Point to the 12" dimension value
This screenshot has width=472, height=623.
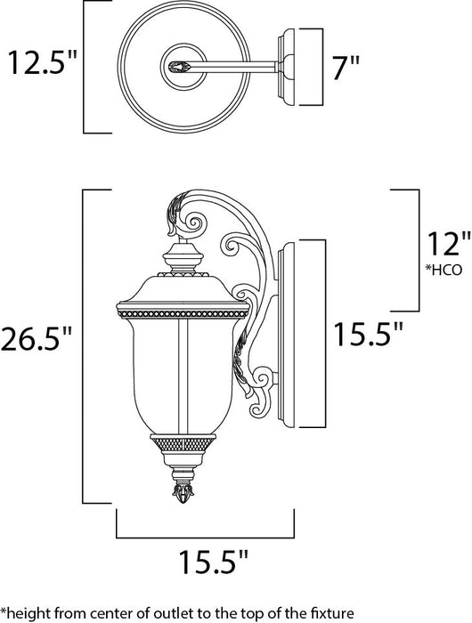point(444,241)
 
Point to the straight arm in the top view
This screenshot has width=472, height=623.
point(236,65)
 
